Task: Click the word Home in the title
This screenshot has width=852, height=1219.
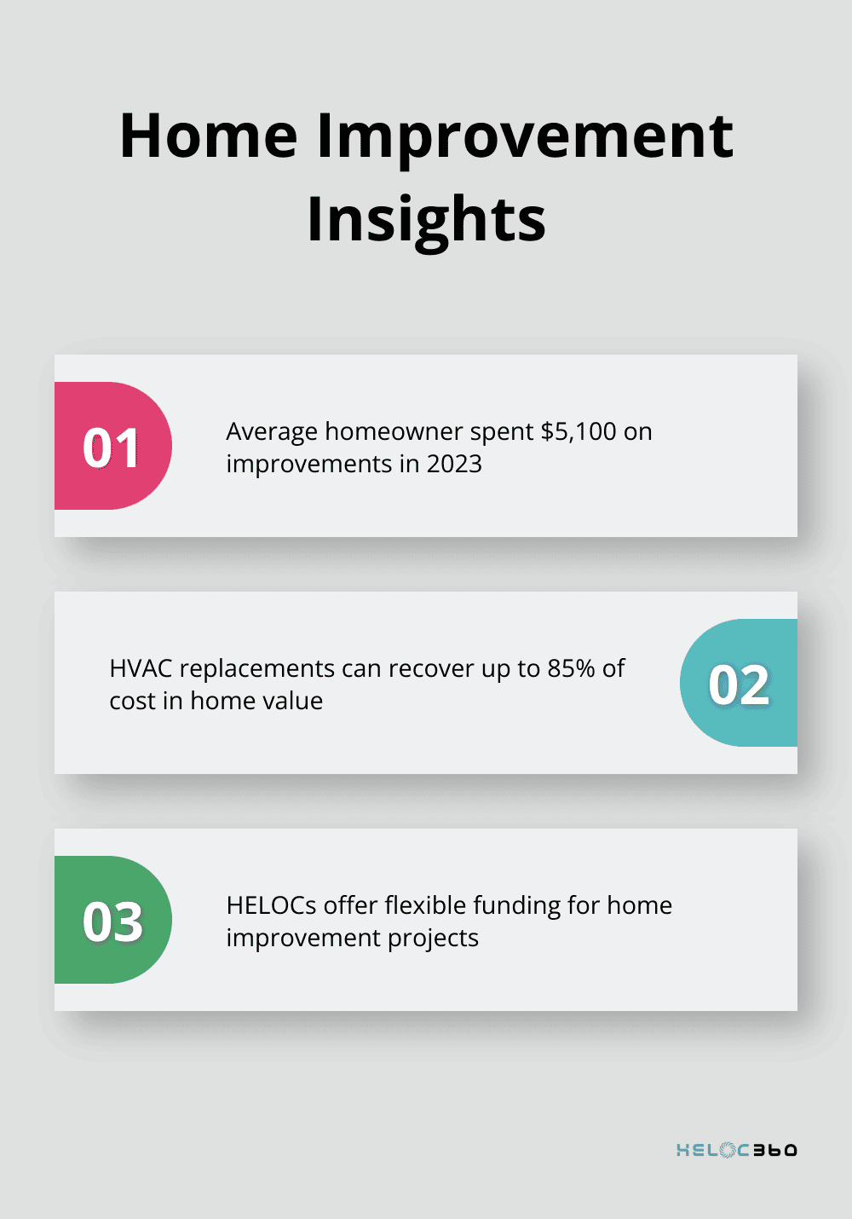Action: pyautogui.click(x=209, y=136)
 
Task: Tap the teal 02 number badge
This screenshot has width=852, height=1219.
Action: pyautogui.click(x=739, y=684)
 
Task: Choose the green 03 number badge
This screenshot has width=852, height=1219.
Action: pyautogui.click(x=112, y=921)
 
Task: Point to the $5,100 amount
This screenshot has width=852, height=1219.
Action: pyautogui.click(x=578, y=432)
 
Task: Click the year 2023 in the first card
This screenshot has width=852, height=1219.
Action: pyautogui.click(x=454, y=465)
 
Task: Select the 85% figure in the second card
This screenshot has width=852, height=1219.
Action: pyautogui.click(x=571, y=669)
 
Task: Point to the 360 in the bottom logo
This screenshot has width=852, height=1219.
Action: pyautogui.click(x=774, y=1150)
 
